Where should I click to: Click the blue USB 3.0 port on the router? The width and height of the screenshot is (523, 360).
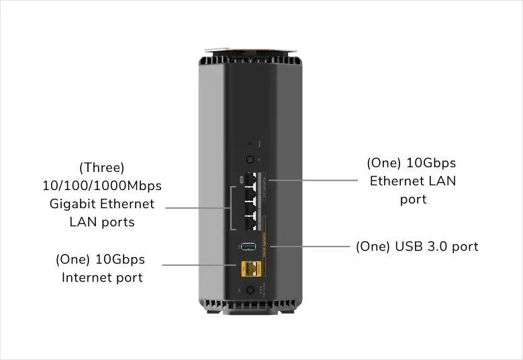tap(248, 246)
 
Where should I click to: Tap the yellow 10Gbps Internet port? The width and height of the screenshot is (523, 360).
tap(250, 269)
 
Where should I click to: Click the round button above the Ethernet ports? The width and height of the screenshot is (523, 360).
tap(250, 160)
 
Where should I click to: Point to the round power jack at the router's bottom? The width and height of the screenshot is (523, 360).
tap(250, 290)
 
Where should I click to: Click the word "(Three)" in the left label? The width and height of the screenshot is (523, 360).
tap(102, 167)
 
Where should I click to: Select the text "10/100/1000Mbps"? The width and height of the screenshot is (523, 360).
tap(102, 185)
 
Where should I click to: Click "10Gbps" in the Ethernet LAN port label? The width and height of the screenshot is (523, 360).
tap(436, 163)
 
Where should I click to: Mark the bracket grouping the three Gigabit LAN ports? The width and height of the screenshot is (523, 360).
tap(231, 208)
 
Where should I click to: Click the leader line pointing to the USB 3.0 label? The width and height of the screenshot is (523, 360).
tap(309, 246)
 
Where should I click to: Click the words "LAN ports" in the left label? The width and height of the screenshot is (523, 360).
tap(102, 222)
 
